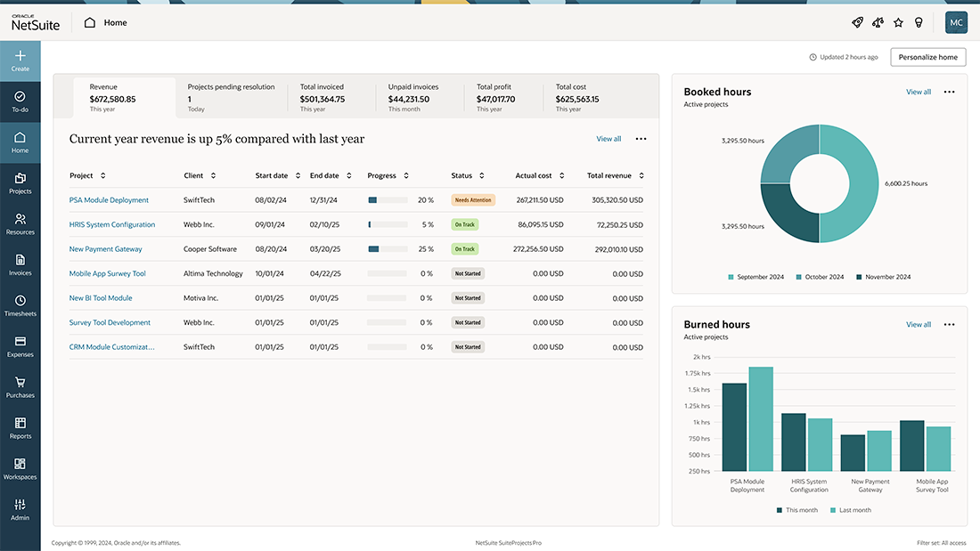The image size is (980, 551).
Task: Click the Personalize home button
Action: (x=927, y=57)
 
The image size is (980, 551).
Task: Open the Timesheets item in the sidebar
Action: (x=20, y=305)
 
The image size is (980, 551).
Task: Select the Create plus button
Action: (x=20, y=61)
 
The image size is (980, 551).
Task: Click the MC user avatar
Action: (x=956, y=22)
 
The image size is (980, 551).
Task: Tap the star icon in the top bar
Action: (x=898, y=22)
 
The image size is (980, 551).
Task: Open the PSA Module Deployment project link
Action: (x=109, y=200)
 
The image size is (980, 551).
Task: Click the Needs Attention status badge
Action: (x=472, y=200)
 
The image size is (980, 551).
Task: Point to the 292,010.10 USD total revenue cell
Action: (x=618, y=249)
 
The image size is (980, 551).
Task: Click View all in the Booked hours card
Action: (x=918, y=92)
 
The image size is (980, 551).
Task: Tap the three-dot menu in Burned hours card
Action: (x=949, y=325)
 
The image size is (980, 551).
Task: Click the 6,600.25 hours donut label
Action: (x=905, y=183)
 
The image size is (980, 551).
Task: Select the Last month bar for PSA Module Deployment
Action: (x=761, y=418)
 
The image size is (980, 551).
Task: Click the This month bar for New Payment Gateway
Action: (x=853, y=452)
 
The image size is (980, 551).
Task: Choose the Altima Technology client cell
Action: (x=213, y=273)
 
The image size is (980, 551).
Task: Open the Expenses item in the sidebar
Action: (x=20, y=346)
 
